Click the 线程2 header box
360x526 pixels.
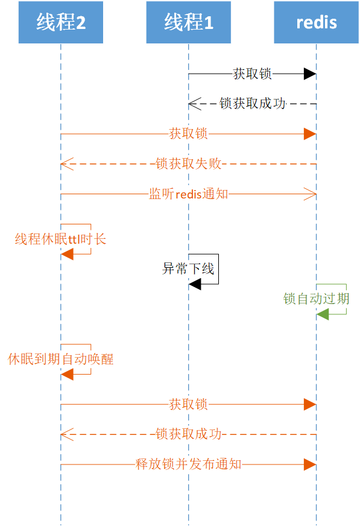(x=60, y=23)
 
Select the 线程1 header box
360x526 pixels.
(x=188, y=23)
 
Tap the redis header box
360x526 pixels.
(x=316, y=23)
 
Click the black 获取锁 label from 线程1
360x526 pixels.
(x=252, y=74)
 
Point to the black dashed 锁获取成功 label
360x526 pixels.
(x=252, y=103)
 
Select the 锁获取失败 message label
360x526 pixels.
(x=188, y=163)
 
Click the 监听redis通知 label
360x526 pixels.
(x=188, y=194)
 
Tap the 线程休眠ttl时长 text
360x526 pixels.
(x=60, y=239)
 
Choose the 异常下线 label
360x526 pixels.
(x=188, y=268)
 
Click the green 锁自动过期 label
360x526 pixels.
(x=316, y=299)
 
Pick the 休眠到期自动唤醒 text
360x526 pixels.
(x=60, y=359)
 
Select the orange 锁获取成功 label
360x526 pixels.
(x=188, y=434)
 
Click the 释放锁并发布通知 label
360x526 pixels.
(x=188, y=464)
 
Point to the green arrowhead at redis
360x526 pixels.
(x=323, y=314)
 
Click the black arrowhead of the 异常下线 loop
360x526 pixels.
(x=195, y=284)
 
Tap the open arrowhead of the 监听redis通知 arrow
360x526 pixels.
(x=310, y=194)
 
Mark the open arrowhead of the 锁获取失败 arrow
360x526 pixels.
(x=67, y=163)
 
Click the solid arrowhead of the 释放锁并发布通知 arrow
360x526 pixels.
(x=310, y=464)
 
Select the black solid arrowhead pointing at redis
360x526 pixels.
(x=310, y=74)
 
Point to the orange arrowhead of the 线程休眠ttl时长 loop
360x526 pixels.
(x=67, y=254)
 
